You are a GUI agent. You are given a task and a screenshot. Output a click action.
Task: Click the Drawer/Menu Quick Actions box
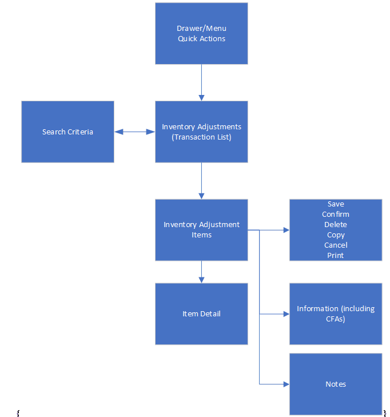(201, 33)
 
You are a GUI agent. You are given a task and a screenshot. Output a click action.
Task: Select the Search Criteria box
(67, 132)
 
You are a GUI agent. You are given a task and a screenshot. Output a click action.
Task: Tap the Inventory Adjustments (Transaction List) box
(201, 132)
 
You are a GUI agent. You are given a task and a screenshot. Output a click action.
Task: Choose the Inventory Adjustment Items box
(201, 229)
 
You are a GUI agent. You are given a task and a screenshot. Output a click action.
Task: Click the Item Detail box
(201, 313)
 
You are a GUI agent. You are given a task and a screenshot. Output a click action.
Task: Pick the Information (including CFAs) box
(336, 313)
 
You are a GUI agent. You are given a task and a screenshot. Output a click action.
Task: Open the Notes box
(336, 384)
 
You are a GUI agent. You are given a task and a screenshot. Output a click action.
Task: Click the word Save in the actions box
(336, 204)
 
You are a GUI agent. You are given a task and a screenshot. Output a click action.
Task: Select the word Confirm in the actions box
(336, 215)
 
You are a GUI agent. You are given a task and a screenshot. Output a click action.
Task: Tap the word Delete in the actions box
(336, 225)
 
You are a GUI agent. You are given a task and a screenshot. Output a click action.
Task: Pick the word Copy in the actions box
(336, 235)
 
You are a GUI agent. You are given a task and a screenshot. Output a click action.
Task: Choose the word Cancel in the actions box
(336, 245)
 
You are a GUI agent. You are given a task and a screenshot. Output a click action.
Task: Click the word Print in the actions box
(336, 256)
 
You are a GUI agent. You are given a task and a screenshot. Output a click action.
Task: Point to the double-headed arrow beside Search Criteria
(134, 132)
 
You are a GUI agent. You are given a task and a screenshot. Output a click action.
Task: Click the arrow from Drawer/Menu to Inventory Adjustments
(201, 82)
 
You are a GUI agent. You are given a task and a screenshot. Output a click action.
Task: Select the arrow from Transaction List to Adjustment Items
(201, 180)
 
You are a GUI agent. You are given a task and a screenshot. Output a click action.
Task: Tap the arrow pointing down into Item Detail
(201, 272)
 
